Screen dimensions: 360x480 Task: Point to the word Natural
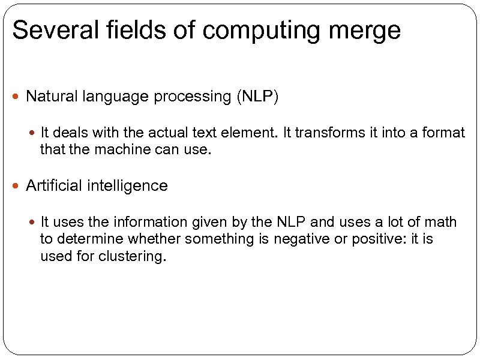point(49,96)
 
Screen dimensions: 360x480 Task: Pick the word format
point(444,132)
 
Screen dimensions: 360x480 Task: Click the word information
point(151,222)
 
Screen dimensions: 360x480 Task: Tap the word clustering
point(133,257)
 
